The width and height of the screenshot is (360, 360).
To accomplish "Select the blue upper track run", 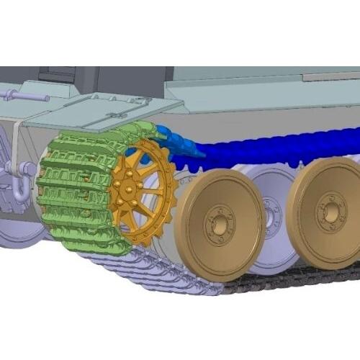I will tap(274, 151).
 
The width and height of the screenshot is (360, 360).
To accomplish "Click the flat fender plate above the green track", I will tap(101, 108).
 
